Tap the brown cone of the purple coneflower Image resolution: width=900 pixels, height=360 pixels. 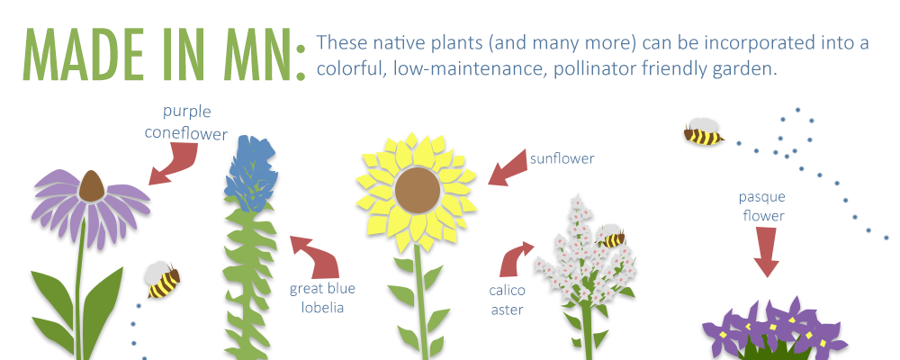[x=91, y=186]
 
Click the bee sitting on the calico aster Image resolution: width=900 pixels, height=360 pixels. [x=612, y=237]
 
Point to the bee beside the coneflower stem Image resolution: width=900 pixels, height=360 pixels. [x=162, y=280]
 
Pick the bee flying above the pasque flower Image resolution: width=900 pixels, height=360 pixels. [x=703, y=131]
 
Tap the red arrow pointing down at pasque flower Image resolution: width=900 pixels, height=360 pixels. [x=766, y=252]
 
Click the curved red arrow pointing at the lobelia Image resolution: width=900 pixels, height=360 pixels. [x=319, y=256]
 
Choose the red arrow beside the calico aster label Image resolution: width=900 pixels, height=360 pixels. [x=515, y=259]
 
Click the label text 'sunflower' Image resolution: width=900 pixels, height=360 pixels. [x=562, y=157]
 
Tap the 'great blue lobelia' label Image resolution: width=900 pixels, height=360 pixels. [x=322, y=298]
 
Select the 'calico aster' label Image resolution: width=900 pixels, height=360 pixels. [x=506, y=300]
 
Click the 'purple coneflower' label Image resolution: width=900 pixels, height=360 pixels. [x=186, y=121]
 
